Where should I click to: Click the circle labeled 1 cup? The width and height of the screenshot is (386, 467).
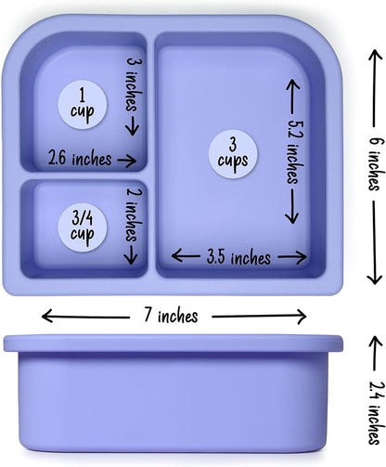click(83, 105)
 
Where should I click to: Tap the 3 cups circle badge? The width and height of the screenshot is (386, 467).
click(233, 154)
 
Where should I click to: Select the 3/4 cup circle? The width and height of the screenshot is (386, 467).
click(83, 227)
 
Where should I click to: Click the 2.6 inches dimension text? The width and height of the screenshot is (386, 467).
click(80, 158)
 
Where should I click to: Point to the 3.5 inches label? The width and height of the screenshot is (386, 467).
click(238, 257)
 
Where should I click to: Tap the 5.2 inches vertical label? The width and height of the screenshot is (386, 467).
click(295, 152)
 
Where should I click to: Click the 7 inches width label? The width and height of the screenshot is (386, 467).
click(171, 316)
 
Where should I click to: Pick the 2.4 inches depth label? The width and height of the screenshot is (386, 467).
click(377, 413)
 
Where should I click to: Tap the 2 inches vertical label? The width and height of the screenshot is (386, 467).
click(134, 214)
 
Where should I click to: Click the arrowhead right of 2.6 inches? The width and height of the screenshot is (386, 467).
click(131, 161)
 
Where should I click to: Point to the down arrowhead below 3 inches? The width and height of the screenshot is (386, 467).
click(133, 130)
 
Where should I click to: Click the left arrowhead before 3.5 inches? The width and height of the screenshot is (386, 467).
click(177, 255)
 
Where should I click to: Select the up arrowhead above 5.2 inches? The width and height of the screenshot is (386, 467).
click(292, 84)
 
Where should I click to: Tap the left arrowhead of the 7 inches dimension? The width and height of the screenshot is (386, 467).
click(47, 316)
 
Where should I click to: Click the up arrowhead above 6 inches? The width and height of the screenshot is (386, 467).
click(375, 56)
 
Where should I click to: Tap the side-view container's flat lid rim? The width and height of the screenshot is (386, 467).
click(174, 343)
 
